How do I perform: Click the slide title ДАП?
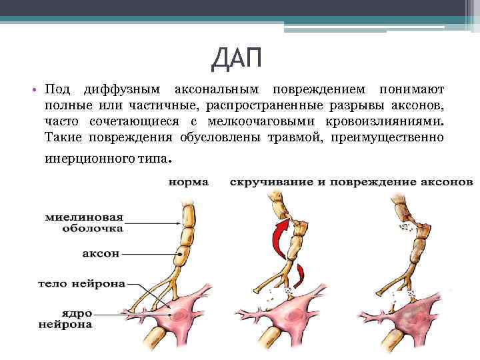[x=237, y=62]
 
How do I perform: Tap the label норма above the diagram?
[x=188, y=181]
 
